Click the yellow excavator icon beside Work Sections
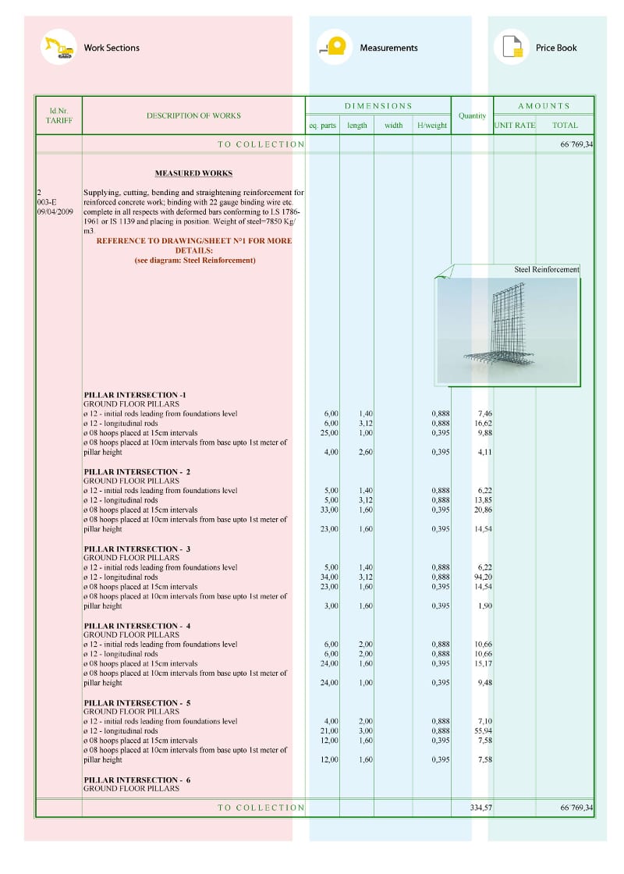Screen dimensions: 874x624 pos(58,48)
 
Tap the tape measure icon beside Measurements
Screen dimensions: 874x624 pos(335,48)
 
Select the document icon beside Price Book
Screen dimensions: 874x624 pos(512,48)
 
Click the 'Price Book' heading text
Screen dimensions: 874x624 pos(556,48)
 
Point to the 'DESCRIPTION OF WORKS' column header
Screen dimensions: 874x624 pos(193,115)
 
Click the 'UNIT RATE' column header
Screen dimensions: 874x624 pos(515,125)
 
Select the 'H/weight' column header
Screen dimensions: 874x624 pos(432,125)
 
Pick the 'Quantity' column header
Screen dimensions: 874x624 pos(472,115)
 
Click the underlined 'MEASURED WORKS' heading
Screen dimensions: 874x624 pos(193,173)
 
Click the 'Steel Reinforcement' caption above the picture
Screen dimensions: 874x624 pos(546,269)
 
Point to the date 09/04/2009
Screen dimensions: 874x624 pos(55,211)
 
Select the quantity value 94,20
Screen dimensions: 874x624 pos(483,577)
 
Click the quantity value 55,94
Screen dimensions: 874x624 pos(483,731)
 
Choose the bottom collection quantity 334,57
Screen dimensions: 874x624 pos(480,808)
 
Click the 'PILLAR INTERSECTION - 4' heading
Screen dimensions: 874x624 pos(136,626)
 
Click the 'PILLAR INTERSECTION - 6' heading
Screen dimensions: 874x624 pos(136,780)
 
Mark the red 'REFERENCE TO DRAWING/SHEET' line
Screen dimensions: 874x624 pos(193,241)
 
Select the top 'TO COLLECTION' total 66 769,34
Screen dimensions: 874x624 pos(576,144)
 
